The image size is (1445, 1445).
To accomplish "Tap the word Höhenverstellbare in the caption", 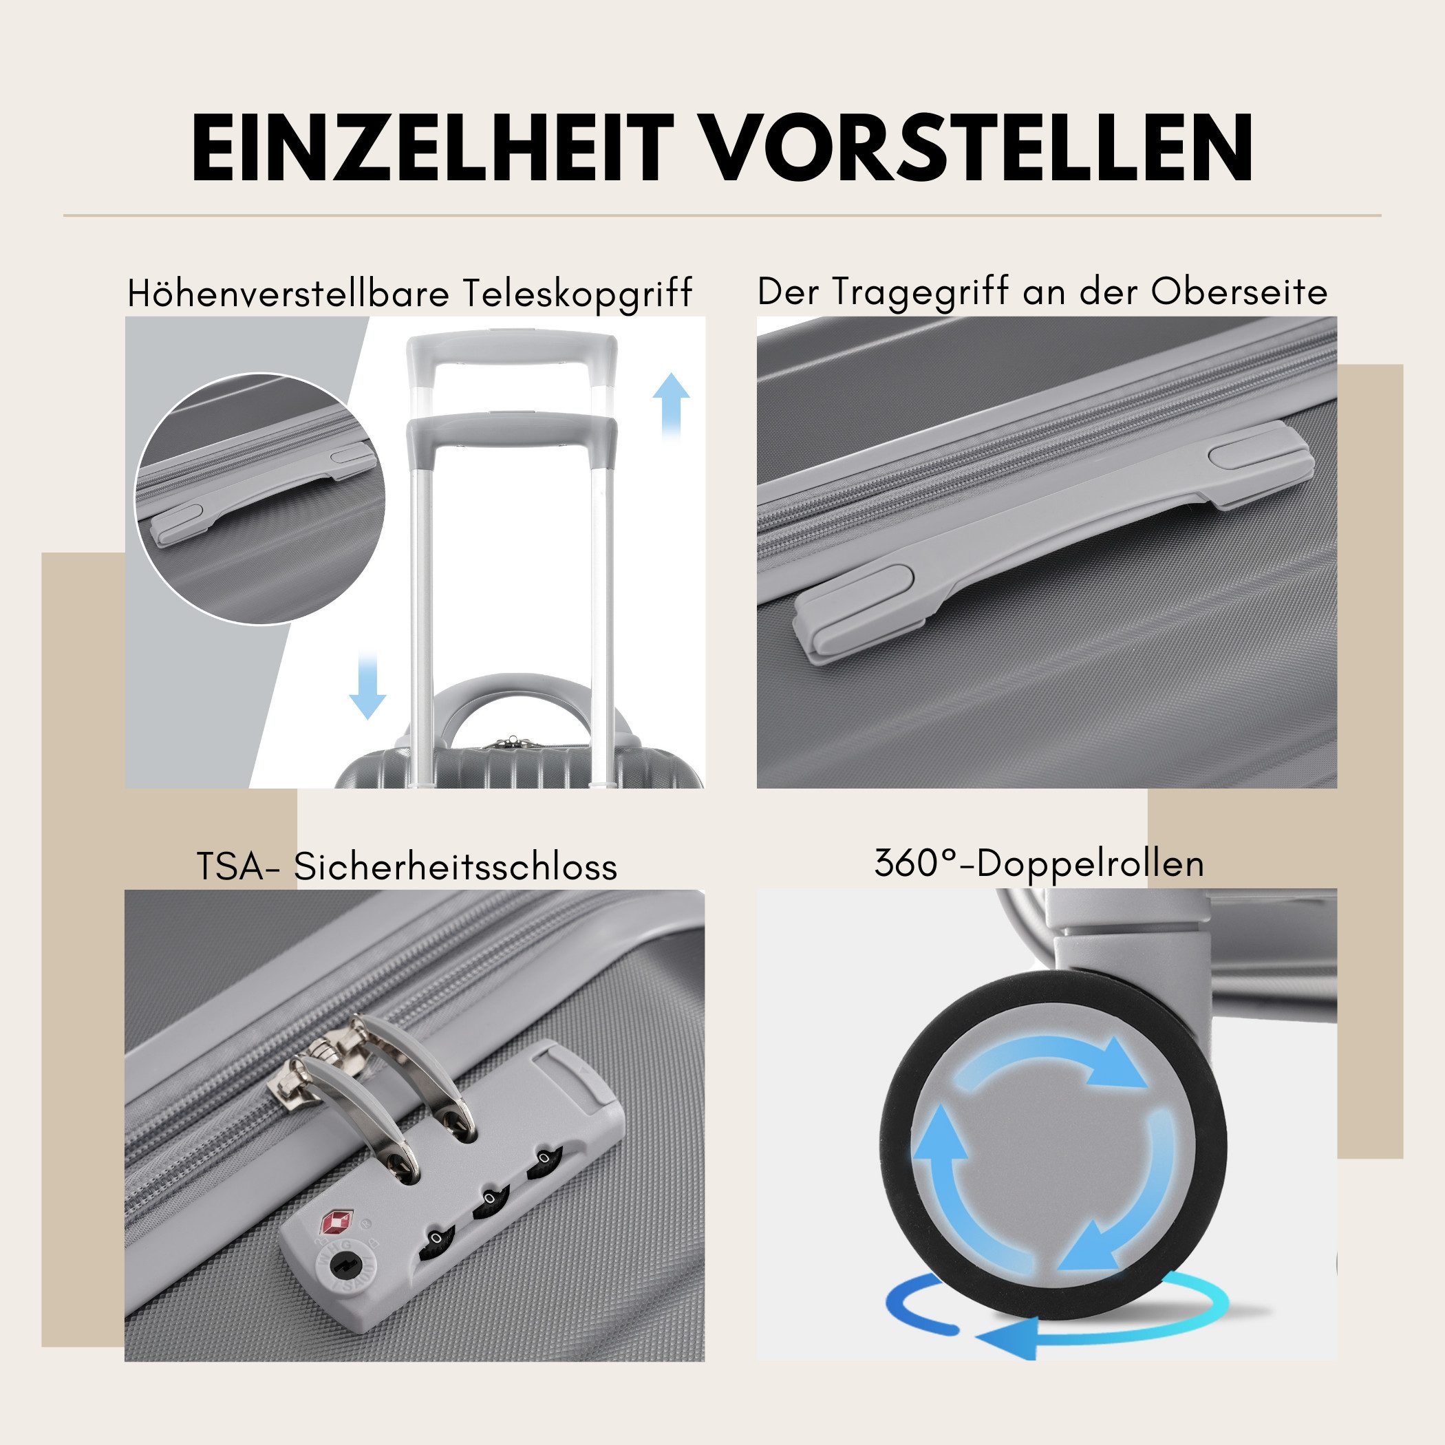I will tap(288, 293).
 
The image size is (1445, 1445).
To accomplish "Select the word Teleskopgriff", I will tap(576, 293).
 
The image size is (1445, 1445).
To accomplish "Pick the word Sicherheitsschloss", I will tap(456, 867).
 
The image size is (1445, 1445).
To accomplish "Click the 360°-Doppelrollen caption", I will tap(1040, 864).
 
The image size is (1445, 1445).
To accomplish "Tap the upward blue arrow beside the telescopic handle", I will tap(670, 405).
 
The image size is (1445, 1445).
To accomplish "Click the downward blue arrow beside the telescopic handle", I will tap(367, 685).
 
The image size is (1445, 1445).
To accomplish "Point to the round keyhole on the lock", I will tap(345, 1265).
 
